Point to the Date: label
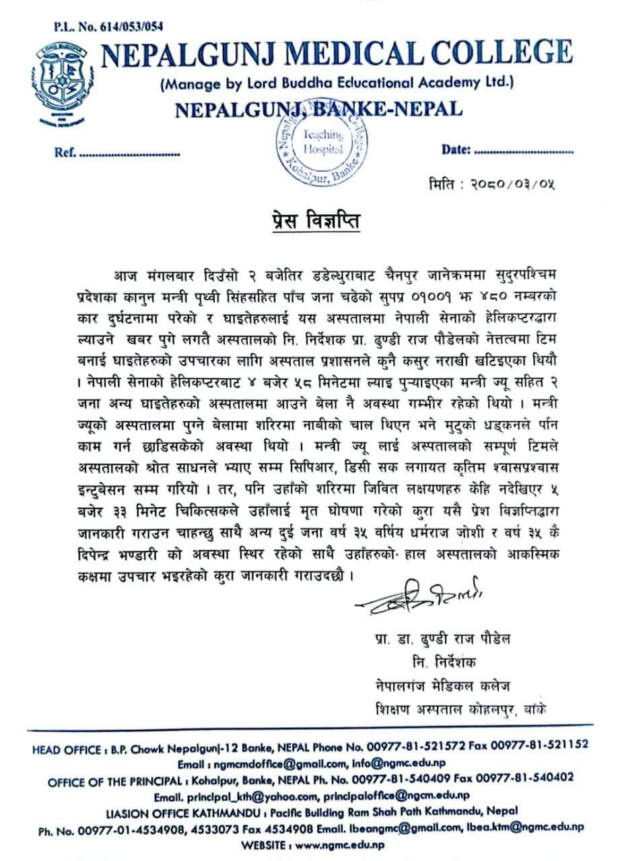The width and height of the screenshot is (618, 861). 455,149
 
